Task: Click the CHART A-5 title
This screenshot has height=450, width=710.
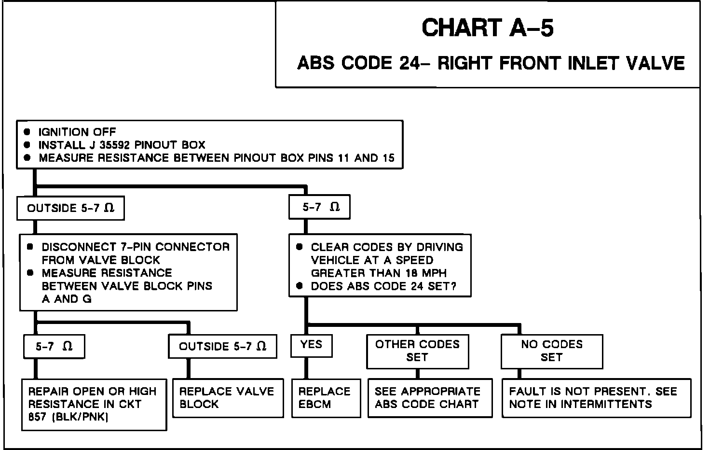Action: pyautogui.click(x=488, y=28)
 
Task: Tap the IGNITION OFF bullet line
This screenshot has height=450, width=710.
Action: pyautogui.click(x=77, y=132)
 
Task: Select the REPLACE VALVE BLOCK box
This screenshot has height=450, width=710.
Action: pyautogui.click(x=228, y=398)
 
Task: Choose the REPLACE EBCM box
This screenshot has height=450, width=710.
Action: pyautogui.click(x=326, y=398)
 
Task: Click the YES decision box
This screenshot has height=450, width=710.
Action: pyautogui.click(x=312, y=345)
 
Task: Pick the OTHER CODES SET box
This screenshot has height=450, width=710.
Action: pyautogui.click(x=417, y=351)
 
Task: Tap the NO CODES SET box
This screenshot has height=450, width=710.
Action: pyautogui.click(x=552, y=351)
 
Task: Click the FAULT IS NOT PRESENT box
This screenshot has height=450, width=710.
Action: pyautogui.click(x=596, y=398)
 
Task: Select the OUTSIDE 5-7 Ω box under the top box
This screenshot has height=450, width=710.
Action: pyautogui.click(x=70, y=209)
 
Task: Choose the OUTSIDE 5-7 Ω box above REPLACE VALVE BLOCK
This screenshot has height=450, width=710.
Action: pyautogui.click(x=222, y=347)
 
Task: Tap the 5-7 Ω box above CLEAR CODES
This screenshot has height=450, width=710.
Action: pyautogui.click(x=319, y=208)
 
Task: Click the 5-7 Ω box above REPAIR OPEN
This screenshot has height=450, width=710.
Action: pyautogui.click(x=54, y=347)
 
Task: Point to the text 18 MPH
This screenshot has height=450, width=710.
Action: pyautogui.click(x=425, y=273)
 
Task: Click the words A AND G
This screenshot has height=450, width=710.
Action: pyautogui.click(x=67, y=299)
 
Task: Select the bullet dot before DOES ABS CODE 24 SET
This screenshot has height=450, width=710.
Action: pyautogui.click(x=300, y=286)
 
